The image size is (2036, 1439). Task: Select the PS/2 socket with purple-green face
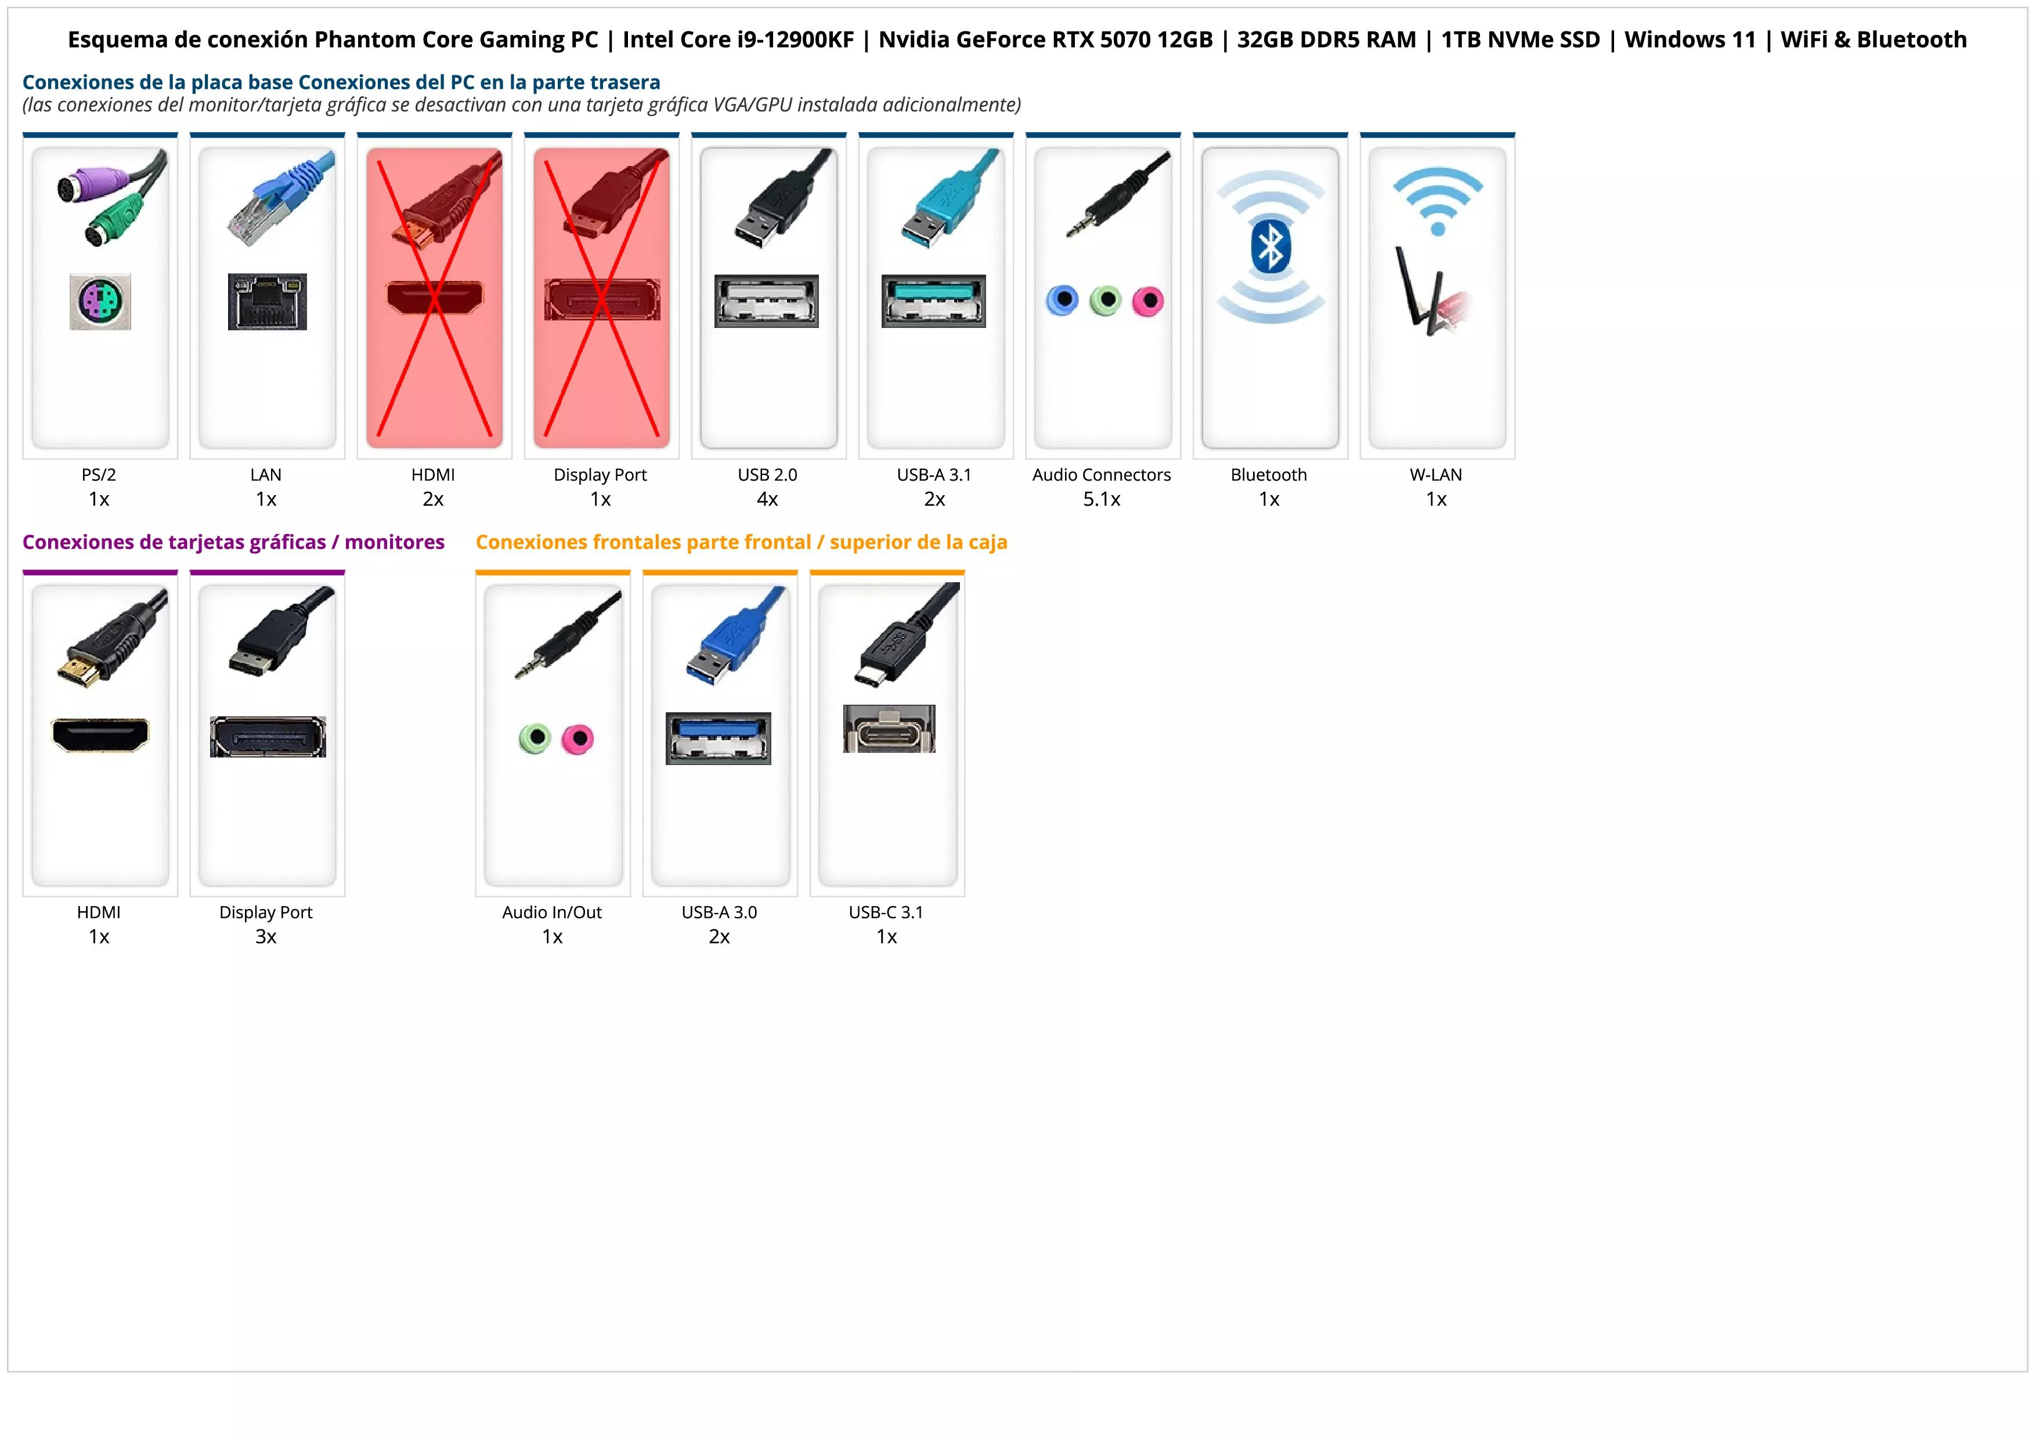pos(100,301)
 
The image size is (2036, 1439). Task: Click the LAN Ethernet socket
pos(267,301)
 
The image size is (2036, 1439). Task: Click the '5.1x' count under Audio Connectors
pos(1102,499)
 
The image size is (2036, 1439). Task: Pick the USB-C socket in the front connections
pos(889,729)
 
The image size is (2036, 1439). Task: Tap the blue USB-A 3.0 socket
pos(719,738)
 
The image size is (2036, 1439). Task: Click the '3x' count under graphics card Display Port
pos(266,936)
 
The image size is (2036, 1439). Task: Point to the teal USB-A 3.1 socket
pos(933,301)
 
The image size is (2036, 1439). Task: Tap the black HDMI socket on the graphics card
pos(100,735)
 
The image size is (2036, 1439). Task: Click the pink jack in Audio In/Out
pos(578,738)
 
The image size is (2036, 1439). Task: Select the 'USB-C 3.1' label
pos(886,913)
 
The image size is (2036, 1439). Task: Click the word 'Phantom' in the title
pos(360,40)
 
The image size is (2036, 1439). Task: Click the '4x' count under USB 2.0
pos(767,499)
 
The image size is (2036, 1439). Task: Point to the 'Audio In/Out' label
pos(551,913)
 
